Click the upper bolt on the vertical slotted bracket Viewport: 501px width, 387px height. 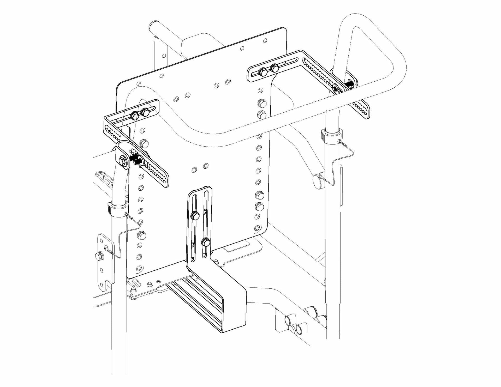(195, 216)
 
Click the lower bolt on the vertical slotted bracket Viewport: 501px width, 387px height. (206, 242)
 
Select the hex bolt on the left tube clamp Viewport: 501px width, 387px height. (122, 160)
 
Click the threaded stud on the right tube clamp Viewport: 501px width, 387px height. (349, 84)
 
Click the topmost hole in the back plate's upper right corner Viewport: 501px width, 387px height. (265, 40)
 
